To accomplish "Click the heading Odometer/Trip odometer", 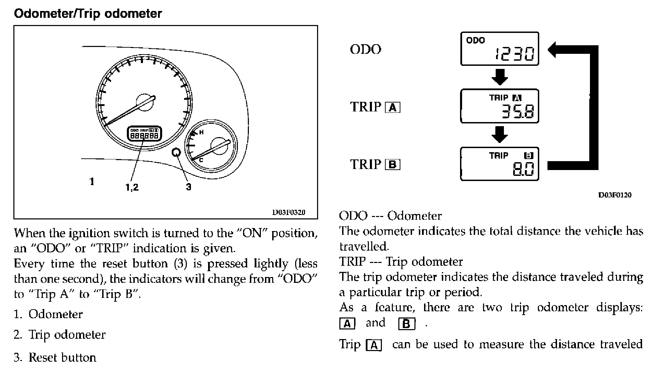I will click(87, 14).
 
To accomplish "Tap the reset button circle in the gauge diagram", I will click(176, 152).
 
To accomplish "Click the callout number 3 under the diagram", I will click(189, 187).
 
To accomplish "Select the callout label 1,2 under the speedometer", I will click(132, 187).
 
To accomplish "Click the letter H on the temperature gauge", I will click(201, 132).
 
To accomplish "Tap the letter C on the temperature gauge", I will click(201, 160).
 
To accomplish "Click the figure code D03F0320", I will click(289, 212).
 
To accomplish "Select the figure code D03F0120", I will click(615, 195).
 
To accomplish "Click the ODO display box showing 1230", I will click(499, 49).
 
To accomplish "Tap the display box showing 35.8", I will click(499, 106).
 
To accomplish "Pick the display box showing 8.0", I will click(499, 164).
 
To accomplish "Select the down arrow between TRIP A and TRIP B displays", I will click(499, 135).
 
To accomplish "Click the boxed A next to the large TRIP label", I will click(393, 108).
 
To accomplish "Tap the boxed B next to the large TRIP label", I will click(393, 165).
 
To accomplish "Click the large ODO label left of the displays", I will click(365, 49).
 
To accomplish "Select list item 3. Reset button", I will click(55, 358).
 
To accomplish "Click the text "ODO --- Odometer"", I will click(390, 216).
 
